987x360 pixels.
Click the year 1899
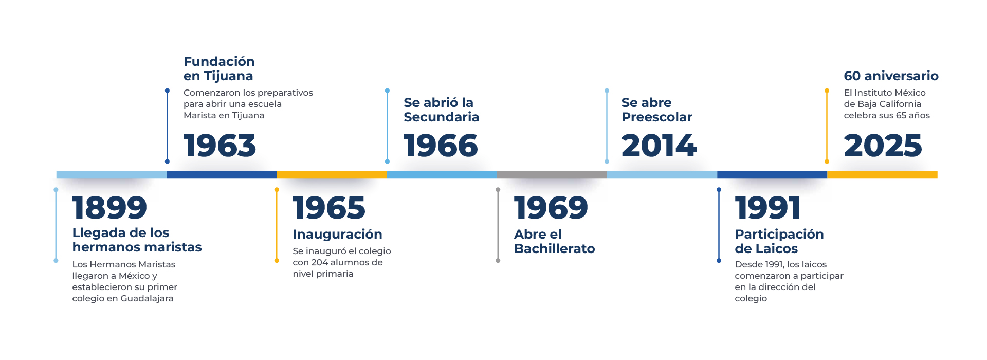pyautogui.click(x=109, y=208)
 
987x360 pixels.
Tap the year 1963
pyautogui.click(x=220, y=146)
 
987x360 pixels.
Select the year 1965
pyautogui.click(x=329, y=208)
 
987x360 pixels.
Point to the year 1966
pyautogui.click(x=441, y=146)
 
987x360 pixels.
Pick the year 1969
pyautogui.click(x=551, y=208)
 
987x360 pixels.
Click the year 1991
pyautogui.click(x=767, y=208)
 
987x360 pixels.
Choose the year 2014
pyautogui.click(x=659, y=146)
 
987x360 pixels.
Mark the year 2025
pyautogui.click(x=883, y=146)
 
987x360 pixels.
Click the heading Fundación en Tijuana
pyautogui.click(x=219, y=69)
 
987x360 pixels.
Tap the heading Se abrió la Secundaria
pyautogui.click(x=441, y=110)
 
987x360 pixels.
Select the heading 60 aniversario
pyautogui.click(x=891, y=76)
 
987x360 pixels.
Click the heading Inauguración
pyautogui.click(x=337, y=235)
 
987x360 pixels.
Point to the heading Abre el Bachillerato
pyautogui.click(x=554, y=242)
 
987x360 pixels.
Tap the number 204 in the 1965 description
pyautogui.click(x=319, y=262)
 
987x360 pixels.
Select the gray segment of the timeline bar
pyautogui.click(x=552, y=174)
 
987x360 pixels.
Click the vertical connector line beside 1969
pyautogui.click(x=498, y=225)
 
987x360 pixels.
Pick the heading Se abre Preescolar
pyautogui.click(x=656, y=110)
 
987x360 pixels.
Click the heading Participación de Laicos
pyautogui.click(x=779, y=242)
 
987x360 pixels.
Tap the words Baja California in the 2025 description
pyautogui.click(x=889, y=104)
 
